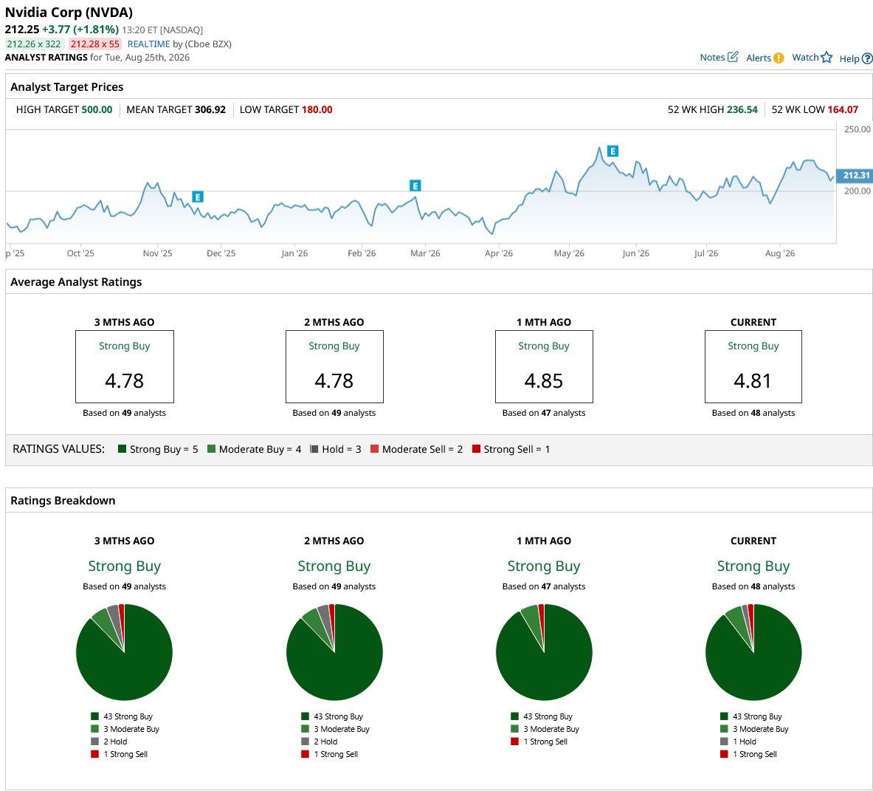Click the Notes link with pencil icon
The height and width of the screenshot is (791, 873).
pos(719,57)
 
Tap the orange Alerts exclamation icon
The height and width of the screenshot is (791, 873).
pos(779,58)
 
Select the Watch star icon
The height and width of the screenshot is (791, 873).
pos(827,58)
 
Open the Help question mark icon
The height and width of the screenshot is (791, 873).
pos(867,58)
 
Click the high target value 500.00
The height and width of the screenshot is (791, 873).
pos(97,110)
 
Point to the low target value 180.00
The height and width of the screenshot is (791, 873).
pos(317,110)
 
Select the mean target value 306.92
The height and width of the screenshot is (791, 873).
pos(210,110)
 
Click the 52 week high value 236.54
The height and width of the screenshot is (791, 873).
pos(742,110)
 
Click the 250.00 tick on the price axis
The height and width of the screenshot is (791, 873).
pos(857,129)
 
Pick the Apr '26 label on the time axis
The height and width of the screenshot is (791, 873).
pos(498,253)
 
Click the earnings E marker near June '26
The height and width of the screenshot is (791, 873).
pos(613,151)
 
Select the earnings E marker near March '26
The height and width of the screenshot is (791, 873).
pos(415,185)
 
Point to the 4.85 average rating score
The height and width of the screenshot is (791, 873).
pos(543,381)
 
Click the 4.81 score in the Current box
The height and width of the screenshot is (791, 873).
pos(753,381)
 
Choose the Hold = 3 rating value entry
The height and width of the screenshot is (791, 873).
pos(336,449)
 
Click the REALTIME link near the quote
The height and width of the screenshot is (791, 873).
pos(148,44)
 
